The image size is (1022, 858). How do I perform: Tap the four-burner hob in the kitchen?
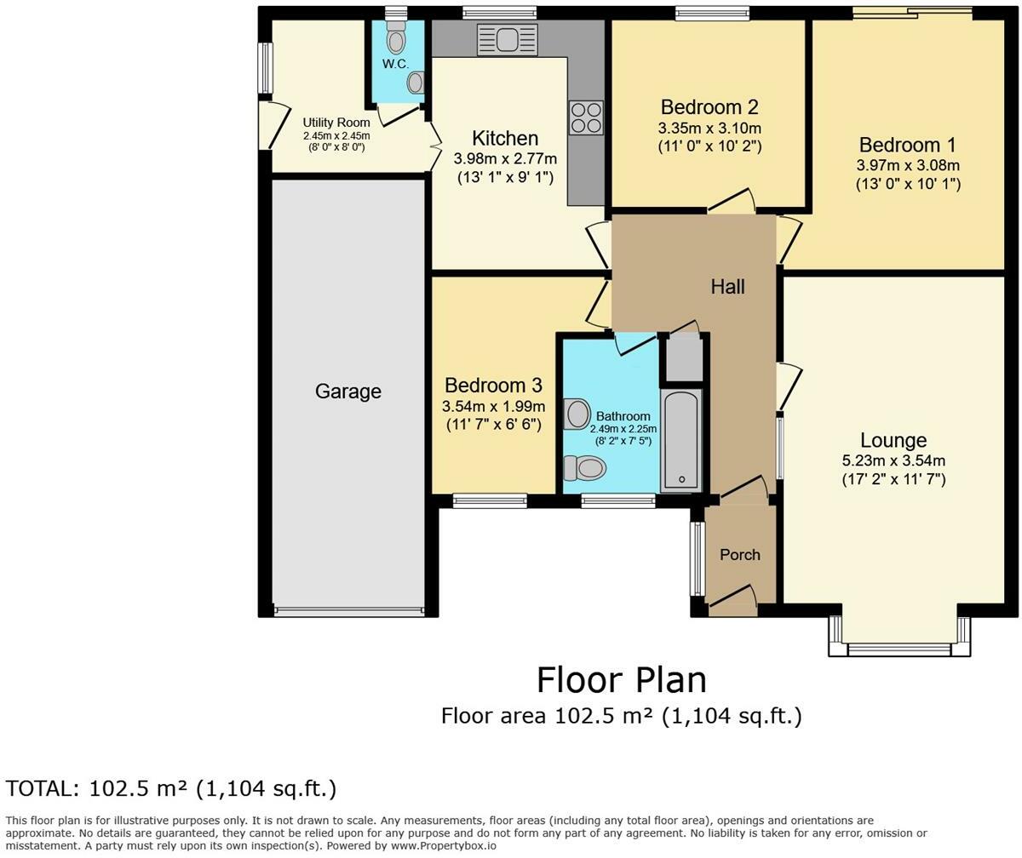[586, 117]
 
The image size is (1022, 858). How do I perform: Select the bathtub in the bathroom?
[680, 441]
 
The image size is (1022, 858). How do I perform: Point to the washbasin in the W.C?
[415, 83]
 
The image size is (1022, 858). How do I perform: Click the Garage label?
[347, 392]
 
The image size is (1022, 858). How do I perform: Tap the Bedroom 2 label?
[709, 107]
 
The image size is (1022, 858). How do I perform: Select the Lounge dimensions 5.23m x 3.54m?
[893, 460]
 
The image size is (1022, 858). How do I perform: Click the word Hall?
[727, 287]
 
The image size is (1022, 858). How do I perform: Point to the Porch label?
[739, 555]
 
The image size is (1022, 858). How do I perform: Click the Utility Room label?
[336, 123]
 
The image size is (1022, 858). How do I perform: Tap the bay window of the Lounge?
[899, 649]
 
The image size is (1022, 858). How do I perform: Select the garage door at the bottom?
[348, 610]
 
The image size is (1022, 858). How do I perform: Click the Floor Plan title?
[621, 680]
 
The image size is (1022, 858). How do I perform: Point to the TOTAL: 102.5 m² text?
[171, 788]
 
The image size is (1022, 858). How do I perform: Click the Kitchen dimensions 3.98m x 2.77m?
[505, 159]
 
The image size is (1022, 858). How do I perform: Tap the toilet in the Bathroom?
[585, 467]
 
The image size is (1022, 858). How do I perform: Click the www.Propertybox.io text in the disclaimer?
[443, 846]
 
